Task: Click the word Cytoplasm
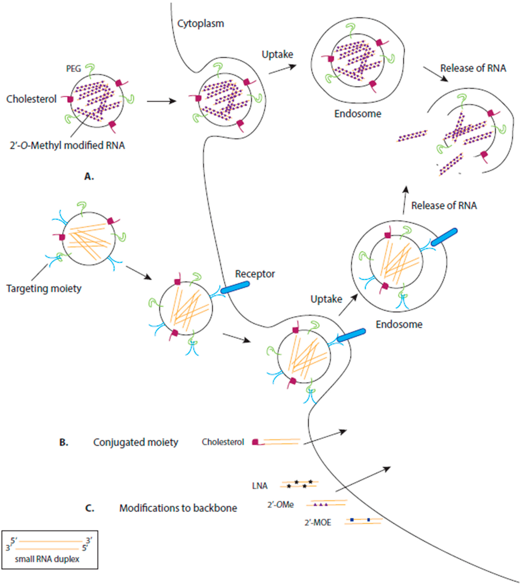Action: point(200,24)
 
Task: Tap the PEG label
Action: point(73,69)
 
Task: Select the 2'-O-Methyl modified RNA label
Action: point(67,146)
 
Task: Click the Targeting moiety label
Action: point(44,288)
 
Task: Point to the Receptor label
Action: point(255,274)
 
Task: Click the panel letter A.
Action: point(89,177)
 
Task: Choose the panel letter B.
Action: point(64,442)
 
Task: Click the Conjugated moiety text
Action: point(136,442)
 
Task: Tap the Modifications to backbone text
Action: point(178,508)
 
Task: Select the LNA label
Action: point(260,486)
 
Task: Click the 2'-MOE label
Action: point(318,523)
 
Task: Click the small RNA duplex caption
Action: point(47,559)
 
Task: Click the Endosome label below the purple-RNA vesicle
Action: point(358,114)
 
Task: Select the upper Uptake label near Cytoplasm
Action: point(277,54)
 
